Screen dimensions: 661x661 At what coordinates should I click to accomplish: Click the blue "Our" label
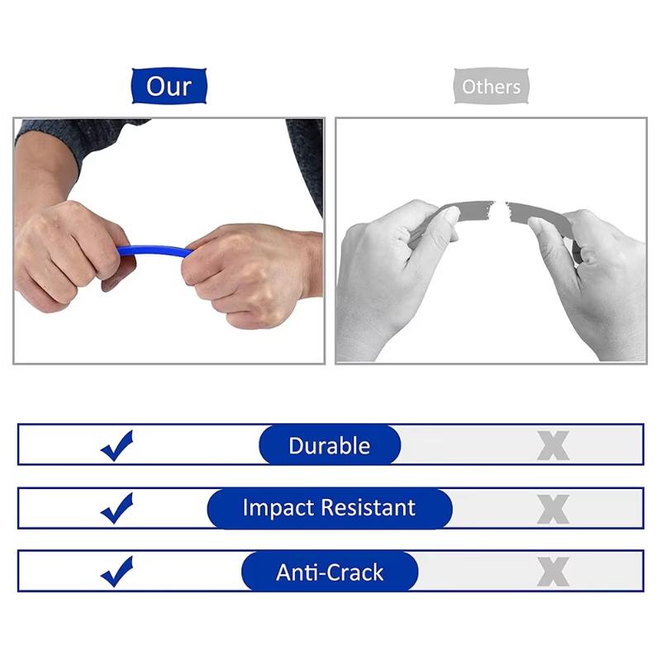coord(169,86)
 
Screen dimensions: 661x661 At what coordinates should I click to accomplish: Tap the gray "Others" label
coord(491,87)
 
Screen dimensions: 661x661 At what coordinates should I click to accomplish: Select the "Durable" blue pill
coord(330,445)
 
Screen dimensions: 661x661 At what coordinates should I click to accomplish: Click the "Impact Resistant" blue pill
coord(330,507)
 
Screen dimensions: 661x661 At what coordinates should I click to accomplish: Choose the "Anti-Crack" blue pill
coord(330,572)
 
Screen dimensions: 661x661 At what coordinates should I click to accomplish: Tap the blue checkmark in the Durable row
coord(117,446)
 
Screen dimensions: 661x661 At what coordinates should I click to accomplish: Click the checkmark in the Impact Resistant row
coord(117,508)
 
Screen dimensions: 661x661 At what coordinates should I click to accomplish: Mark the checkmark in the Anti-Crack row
coord(117,571)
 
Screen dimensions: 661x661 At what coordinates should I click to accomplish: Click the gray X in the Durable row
coord(553,446)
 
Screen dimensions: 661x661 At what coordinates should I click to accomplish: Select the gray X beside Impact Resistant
coord(553,509)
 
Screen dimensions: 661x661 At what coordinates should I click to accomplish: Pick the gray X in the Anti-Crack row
coord(553,572)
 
